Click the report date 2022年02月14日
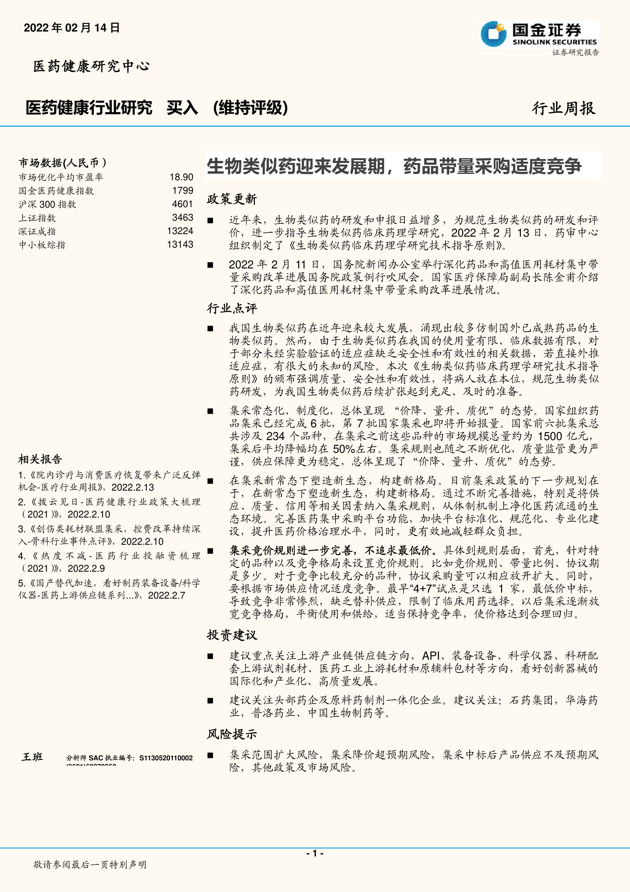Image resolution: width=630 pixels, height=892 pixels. point(72,28)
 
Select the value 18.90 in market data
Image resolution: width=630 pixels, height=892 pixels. point(181,177)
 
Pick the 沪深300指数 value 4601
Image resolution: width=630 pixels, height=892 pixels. point(182,204)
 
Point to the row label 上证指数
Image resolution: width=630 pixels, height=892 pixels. point(37,218)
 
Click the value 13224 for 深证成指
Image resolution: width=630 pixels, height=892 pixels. point(180,231)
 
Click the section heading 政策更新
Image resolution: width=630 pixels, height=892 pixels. point(232,199)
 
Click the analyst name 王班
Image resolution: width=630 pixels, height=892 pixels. point(32,757)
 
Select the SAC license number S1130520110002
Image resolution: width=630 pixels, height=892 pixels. point(166,758)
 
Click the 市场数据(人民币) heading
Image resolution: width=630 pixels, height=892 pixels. point(62,163)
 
